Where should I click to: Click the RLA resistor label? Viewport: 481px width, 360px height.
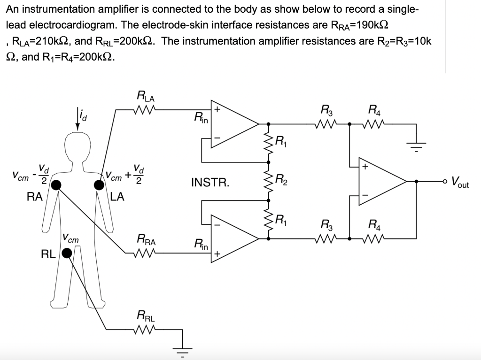(146, 98)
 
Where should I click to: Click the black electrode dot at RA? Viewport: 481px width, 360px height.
(56, 185)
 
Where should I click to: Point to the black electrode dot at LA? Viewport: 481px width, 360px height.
(99, 185)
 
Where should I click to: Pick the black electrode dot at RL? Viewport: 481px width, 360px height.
(67, 254)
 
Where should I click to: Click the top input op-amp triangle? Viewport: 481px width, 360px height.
(233, 124)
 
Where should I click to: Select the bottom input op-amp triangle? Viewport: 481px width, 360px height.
(233, 239)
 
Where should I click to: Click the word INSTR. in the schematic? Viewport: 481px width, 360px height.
(210, 182)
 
